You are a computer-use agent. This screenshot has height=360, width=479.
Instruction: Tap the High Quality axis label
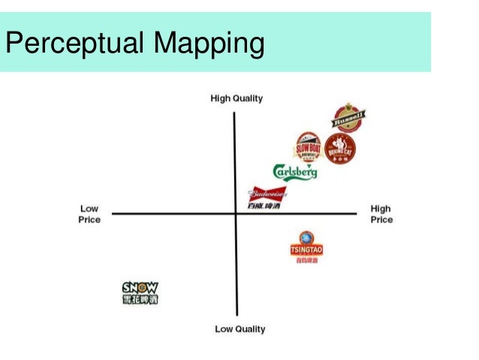pyautogui.click(x=236, y=98)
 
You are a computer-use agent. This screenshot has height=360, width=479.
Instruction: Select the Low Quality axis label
pyautogui.click(x=239, y=328)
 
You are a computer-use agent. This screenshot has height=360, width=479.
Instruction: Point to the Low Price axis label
pyautogui.click(x=90, y=214)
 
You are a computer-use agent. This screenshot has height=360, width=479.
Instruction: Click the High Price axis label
pyautogui.click(x=381, y=214)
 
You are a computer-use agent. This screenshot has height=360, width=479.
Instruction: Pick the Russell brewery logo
pyautogui.click(x=349, y=118)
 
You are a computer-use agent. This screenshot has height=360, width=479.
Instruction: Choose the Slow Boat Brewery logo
pyautogui.click(x=308, y=147)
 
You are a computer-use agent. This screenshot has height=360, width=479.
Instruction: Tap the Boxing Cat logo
pyautogui.click(x=340, y=149)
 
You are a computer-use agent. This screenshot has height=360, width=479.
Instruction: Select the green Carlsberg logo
pyautogui.click(x=294, y=172)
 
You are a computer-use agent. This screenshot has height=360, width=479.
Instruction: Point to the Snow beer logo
pyautogui.click(x=140, y=292)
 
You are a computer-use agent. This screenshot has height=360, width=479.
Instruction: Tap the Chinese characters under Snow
pyautogui.click(x=140, y=299)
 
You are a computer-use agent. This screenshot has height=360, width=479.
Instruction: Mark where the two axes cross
pyautogui.click(x=236, y=214)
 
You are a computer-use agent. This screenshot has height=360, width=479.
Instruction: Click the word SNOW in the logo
pyautogui.click(x=140, y=286)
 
